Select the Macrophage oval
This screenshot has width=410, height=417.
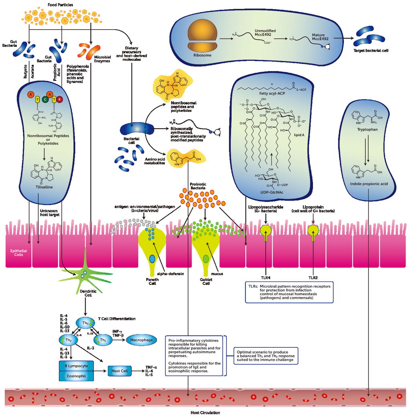(x=141, y=340)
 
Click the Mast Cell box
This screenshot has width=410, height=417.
(x=120, y=371)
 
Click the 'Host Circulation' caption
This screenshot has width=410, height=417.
(x=205, y=412)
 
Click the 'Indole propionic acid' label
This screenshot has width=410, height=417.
(x=367, y=184)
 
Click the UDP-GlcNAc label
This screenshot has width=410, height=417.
(x=272, y=192)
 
